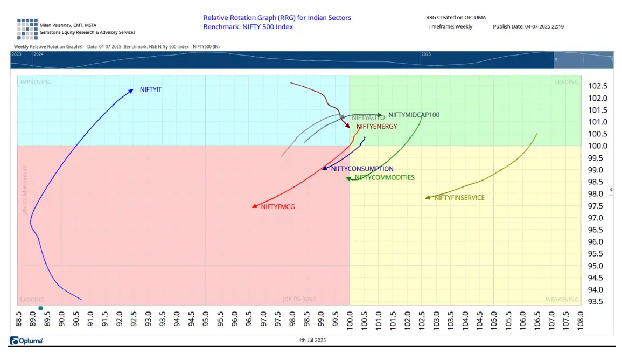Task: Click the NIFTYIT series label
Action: pyautogui.click(x=150, y=89)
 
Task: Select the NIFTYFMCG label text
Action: pyautogui.click(x=278, y=207)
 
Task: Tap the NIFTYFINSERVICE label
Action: pyautogui.click(x=459, y=198)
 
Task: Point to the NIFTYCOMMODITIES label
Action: pyautogui.click(x=385, y=177)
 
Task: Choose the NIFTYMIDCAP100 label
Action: pyautogui.click(x=414, y=115)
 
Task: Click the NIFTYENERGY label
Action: pyautogui.click(x=376, y=127)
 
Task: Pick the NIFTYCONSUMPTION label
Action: pyautogui.click(x=362, y=169)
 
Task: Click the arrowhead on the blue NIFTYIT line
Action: pyautogui.click(x=131, y=91)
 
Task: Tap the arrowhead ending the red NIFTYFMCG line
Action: pyautogui.click(x=254, y=206)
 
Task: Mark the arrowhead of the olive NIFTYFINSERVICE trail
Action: pyautogui.click(x=427, y=198)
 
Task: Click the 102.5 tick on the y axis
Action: pyautogui.click(x=597, y=86)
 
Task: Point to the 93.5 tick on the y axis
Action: pyautogui.click(x=597, y=301)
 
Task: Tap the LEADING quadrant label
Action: pyautogui.click(x=566, y=82)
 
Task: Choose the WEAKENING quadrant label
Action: pyautogui.click(x=561, y=300)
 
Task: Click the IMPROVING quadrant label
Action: pyautogui.click(x=36, y=82)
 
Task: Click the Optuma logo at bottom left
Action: pyautogui.click(x=26, y=341)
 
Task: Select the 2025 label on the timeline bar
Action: pyautogui.click(x=426, y=54)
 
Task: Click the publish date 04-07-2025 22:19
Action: pyautogui.click(x=543, y=26)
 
